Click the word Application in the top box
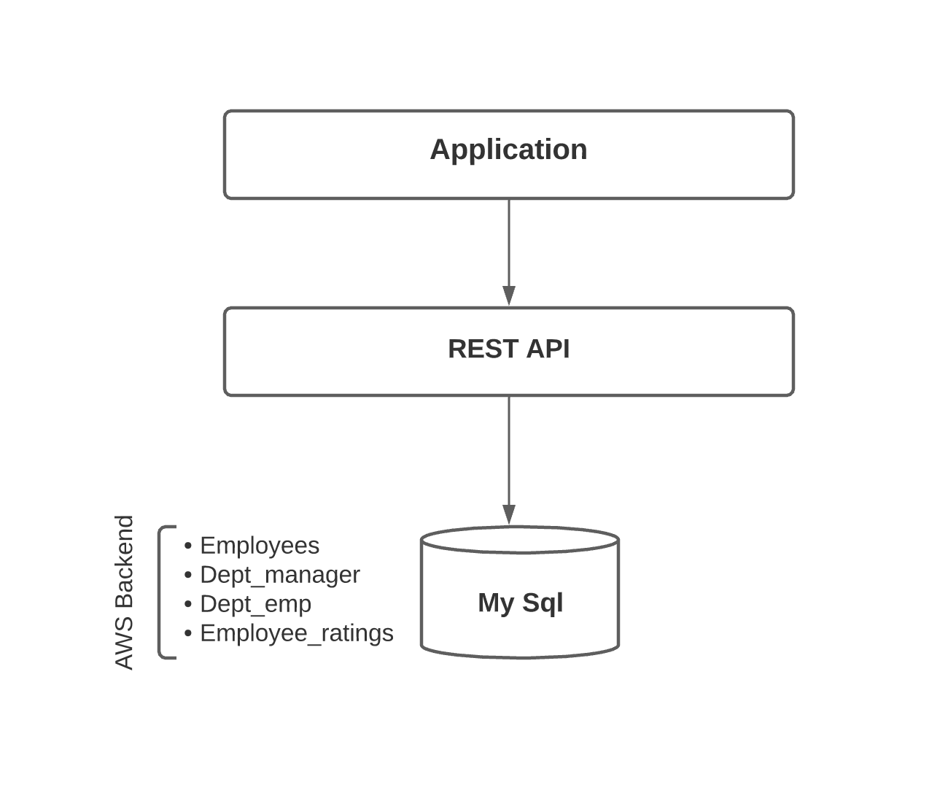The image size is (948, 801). pos(508,150)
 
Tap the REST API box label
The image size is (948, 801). pos(508,349)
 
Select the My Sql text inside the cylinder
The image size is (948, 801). pos(520,603)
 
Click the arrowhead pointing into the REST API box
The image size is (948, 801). pos(509,295)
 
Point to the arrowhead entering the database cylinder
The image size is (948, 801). pos(509,514)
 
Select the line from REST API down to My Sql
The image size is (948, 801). pos(509,449)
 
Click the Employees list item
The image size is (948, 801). pos(259,546)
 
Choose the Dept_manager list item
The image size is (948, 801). pos(279,575)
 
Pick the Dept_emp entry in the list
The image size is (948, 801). pos(255,604)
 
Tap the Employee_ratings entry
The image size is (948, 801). pos(296,633)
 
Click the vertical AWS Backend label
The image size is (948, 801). pos(125,592)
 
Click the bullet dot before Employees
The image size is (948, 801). pos(188,546)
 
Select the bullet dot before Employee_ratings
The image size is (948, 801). pos(188,633)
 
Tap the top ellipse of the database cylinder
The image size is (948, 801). pos(520,541)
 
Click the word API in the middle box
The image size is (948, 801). pos(547,349)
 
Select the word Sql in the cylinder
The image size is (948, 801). pos(543,603)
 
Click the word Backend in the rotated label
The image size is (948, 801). pos(125,562)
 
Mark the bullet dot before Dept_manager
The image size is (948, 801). pos(188,575)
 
